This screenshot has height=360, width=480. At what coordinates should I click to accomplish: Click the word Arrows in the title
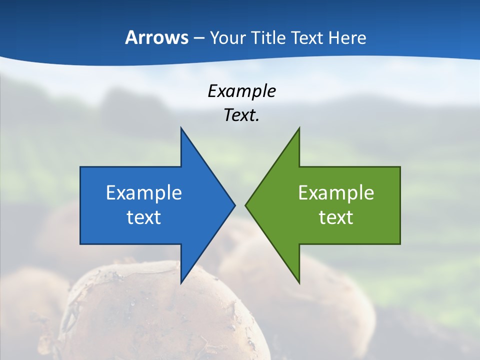point(156,37)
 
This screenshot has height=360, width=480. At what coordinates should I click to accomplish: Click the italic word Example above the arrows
point(242,91)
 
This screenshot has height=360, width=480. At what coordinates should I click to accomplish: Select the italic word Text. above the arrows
point(242,115)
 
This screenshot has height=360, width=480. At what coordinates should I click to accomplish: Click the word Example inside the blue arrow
point(144,192)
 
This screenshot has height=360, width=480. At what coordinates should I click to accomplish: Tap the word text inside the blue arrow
point(144,217)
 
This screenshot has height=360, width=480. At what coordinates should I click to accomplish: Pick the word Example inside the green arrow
point(336,192)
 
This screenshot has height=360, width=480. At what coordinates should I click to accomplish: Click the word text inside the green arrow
point(336,217)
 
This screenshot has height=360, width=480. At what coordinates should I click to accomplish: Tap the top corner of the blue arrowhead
point(181,129)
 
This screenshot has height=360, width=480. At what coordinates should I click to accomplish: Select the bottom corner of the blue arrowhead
point(181,282)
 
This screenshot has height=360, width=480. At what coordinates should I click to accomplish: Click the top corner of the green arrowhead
point(299,129)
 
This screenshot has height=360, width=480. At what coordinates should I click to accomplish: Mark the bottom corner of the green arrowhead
point(299,282)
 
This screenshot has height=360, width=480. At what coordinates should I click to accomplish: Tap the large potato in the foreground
point(160,315)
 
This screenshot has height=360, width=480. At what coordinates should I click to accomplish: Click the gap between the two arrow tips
point(240,205)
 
